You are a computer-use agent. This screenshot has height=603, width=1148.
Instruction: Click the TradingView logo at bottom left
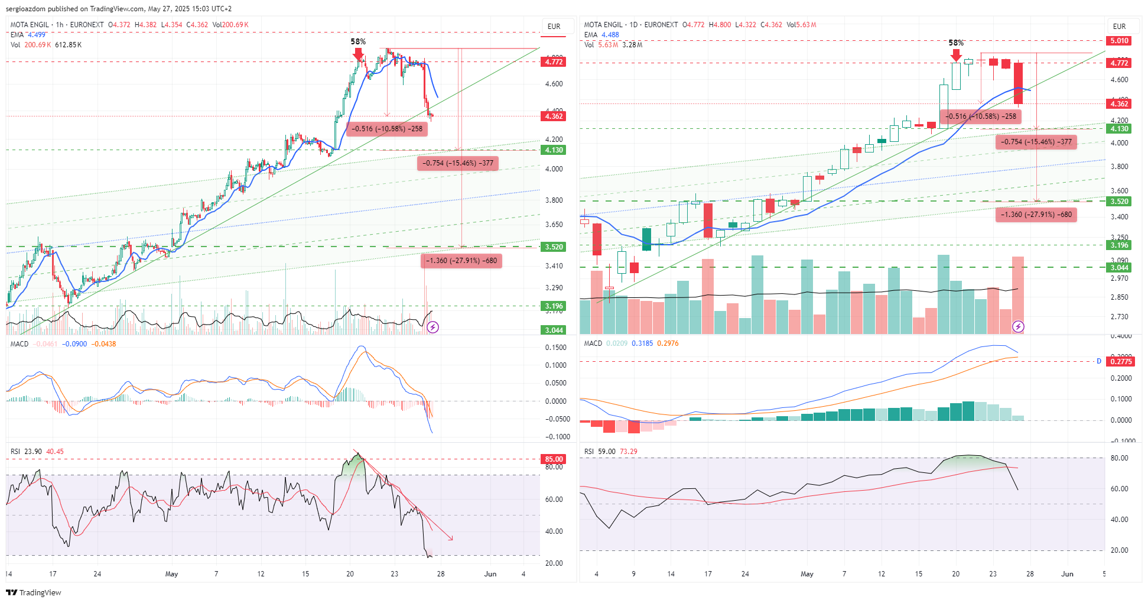coord(34,592)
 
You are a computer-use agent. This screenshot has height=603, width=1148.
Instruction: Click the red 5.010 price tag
coord(1119,41)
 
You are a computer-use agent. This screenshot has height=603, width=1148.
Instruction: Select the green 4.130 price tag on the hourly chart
coord(554,150)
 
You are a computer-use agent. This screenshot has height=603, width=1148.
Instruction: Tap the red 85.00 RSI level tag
coord(554,459)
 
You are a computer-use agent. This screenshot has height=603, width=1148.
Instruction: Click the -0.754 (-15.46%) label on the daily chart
coord(1036,142)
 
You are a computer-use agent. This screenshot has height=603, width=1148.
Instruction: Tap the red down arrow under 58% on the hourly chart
coord(358,54)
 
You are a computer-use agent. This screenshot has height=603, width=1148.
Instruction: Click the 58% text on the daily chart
coord(956,43)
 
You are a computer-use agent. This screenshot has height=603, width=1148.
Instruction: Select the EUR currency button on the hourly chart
coord(554,27)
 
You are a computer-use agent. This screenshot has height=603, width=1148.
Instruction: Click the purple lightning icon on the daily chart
coord(1018,326)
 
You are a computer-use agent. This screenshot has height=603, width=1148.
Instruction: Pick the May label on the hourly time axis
coord(171,574)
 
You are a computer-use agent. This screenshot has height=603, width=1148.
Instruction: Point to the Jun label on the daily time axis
coord(1067,574)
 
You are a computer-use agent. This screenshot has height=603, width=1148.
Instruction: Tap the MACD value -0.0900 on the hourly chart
coord(74,344)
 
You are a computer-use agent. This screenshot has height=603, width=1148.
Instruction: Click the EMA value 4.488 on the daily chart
coord(610,35)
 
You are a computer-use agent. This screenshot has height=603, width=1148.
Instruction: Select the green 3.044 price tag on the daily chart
coord(1119,268)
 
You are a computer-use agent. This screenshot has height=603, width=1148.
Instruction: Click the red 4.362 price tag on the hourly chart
coord(554,116)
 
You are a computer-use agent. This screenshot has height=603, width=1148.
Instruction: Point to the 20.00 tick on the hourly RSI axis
coord(554,563)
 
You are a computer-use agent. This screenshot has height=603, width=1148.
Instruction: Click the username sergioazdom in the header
coord(25,9)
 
